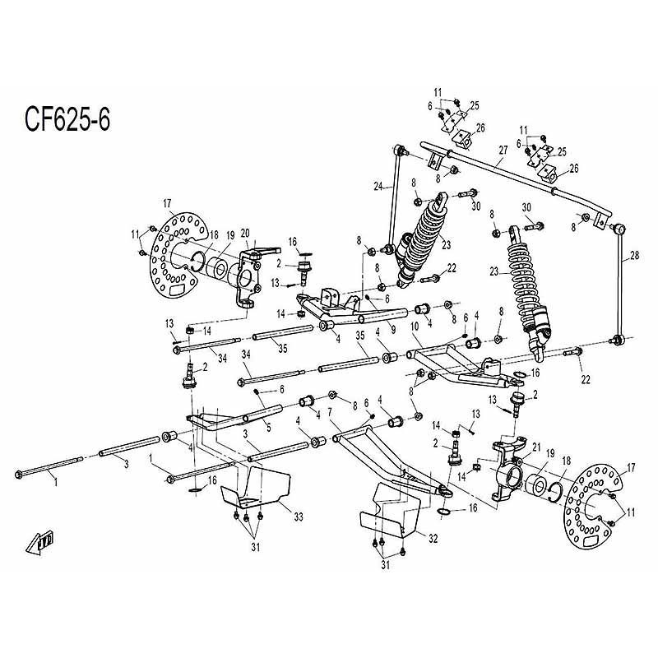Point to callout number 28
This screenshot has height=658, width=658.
click(x=632, y=257)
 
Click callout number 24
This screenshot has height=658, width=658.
click(x=378, y=187)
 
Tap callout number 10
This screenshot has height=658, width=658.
click(x=416, y=327)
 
